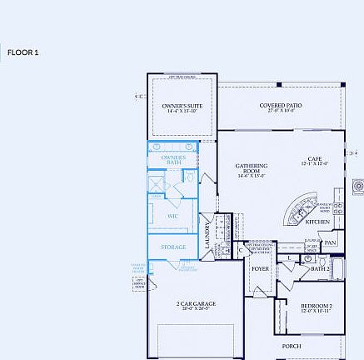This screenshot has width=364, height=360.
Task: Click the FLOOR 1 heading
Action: (23, 52)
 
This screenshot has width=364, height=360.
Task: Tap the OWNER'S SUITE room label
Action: (182, 106)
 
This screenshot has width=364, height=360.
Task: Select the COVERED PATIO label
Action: (280, 105)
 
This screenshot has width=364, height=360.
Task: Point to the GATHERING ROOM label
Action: (251, 167)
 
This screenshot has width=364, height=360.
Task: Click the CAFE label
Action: (314, 158)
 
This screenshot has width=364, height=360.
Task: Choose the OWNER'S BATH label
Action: (173, 157)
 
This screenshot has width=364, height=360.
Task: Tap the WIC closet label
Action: (173, 216)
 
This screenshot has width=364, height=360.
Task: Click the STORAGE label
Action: (173, 247)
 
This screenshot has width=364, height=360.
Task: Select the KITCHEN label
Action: (317, 222)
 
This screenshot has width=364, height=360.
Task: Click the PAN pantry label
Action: (331, 243)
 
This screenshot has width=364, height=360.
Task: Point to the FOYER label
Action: (261, 268)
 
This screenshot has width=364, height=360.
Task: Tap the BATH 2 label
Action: (321, 268)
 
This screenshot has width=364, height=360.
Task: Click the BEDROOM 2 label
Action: (317, 307)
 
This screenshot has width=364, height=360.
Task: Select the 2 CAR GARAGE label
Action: (196, 303)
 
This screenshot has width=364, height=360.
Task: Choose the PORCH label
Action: (292, 345)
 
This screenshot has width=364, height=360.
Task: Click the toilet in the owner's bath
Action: (188, 178)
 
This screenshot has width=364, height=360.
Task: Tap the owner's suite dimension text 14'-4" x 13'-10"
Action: (182, 112)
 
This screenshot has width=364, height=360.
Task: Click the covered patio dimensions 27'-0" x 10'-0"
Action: (280, 111)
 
